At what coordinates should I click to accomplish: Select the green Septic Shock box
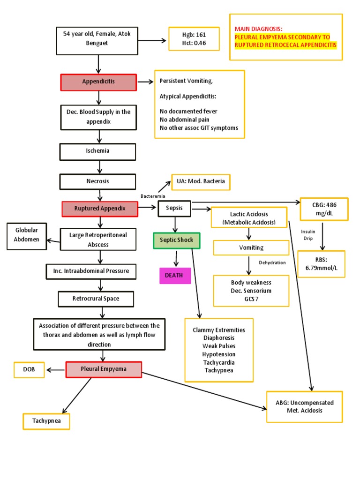[176, 240]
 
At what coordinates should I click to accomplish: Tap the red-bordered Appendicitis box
[98, 82]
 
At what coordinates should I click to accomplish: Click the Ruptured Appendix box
[100, 209]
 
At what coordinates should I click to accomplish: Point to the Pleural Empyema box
[103, 369]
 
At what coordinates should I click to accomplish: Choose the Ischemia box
[97, 151]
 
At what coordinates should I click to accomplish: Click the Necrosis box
[97, 181]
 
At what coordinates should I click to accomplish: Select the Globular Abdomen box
[27, 235]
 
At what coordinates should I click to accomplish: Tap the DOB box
[29, 370]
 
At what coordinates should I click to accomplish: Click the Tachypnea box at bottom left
[46, 421]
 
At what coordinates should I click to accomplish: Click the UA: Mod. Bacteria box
[201, 182]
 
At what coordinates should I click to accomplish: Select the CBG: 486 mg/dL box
[324, 209]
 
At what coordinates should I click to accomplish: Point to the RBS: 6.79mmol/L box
[321, 264]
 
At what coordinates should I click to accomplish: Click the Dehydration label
[272, 262]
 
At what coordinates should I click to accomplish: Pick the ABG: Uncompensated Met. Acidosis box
[305, 406]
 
